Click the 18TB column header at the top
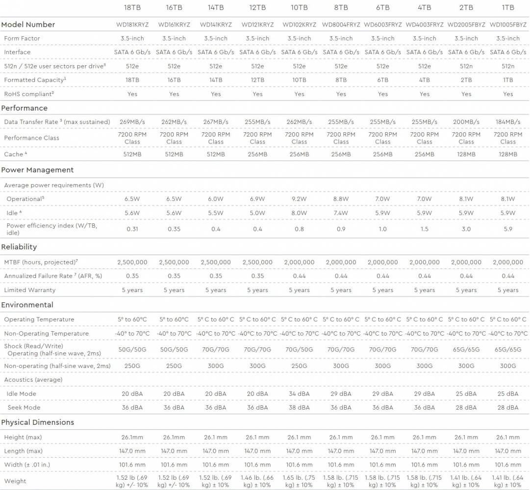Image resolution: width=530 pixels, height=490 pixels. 132,7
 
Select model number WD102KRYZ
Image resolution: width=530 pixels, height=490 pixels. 299,24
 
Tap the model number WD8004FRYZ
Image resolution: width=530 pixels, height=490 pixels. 341,24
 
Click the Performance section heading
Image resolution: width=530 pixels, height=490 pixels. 25,108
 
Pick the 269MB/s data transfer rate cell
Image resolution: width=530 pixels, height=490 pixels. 132,122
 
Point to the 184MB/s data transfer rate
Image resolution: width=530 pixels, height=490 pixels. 508,122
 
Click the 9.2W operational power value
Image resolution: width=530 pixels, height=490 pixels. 299,199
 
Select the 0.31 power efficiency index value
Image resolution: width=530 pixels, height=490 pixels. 132,229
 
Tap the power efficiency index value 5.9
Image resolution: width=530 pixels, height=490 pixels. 508,229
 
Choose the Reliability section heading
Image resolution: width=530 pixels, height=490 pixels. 19,247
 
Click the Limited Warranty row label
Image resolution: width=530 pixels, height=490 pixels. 30,290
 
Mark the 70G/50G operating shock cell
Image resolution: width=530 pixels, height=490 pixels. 299,350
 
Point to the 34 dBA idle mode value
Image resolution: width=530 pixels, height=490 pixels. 299,393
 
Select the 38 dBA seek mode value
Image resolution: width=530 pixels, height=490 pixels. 299,407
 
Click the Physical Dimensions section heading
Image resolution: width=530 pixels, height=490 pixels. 38,422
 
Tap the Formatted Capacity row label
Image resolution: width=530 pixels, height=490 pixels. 34,80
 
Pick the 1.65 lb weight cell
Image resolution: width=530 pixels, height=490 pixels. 299,481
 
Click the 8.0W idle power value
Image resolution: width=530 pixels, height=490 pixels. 299,213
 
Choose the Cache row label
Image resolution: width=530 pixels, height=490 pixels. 14,154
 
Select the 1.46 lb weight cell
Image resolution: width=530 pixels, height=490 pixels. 257,481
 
